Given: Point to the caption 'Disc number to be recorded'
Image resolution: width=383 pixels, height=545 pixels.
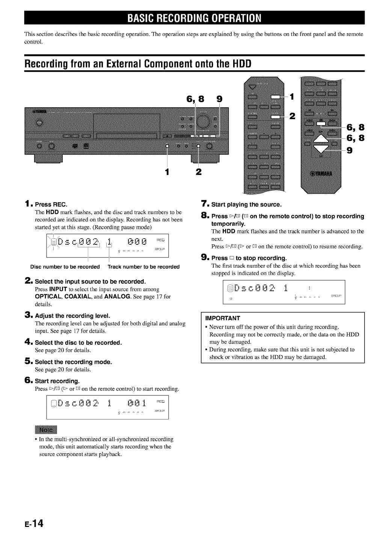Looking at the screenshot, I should (65, 267).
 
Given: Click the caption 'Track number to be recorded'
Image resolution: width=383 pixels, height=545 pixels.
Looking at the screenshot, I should (143, 267).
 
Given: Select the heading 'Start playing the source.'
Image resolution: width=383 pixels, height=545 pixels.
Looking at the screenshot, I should (246, 204).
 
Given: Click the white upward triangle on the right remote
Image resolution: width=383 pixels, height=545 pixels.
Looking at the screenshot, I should (319, 139).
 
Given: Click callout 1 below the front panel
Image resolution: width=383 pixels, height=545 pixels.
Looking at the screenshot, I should (168, 172).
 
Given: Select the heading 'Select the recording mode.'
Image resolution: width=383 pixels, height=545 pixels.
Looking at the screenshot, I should (74, 362).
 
